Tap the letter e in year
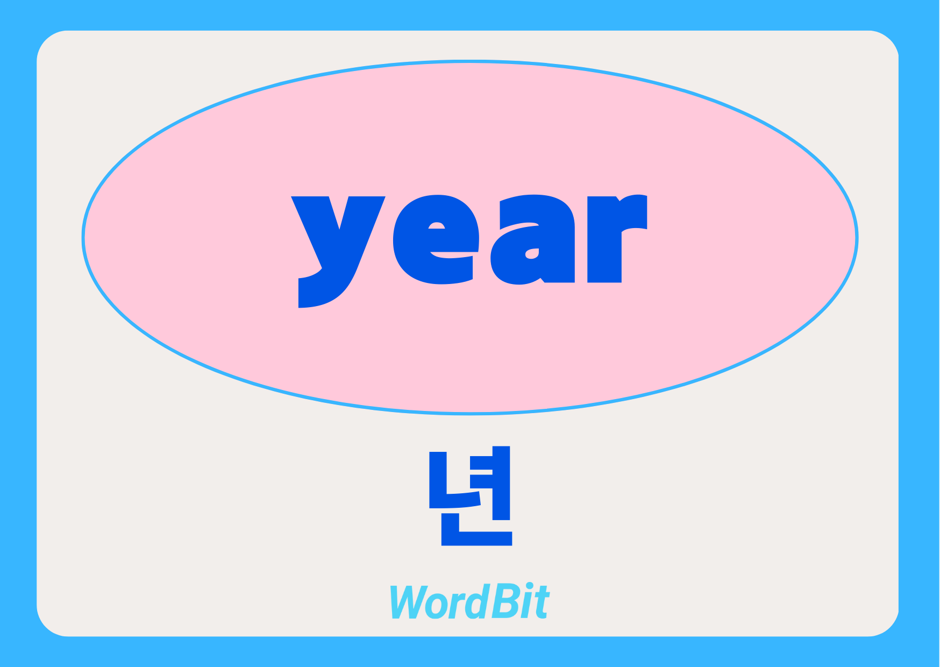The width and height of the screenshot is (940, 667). pyautogui.click(x=436, y=239)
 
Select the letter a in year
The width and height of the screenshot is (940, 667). pyautogui.click(x=532, y=239)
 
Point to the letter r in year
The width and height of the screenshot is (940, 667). pyautogui.click(x=617, y=238)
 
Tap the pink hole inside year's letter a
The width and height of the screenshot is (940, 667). pyautogui.click(x=532, y=253)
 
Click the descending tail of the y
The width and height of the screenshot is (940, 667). pyautogui.click(x=323, y=288)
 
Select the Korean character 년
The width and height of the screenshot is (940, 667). pyautogui.click(x=471, y=496)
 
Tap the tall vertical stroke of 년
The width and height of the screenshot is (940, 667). pyautogui.click(x=501, y=483)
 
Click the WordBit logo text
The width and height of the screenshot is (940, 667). pyautogui.click(x=469, y=601)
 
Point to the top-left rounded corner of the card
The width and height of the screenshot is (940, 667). pyautogui.click(x=46, y=40)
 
